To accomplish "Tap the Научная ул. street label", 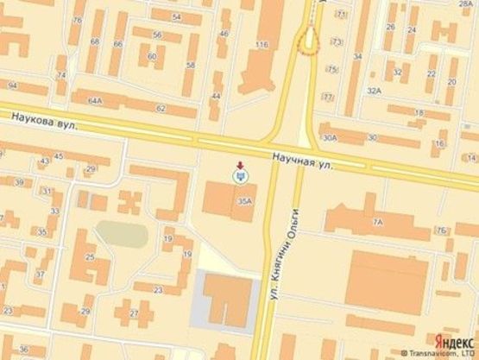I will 302,160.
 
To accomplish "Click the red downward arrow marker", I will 241,164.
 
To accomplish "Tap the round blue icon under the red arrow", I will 241,177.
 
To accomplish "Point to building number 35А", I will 245,201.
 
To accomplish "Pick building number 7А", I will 377,222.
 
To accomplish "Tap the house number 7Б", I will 441,231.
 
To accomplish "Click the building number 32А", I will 374,90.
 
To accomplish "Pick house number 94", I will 13,85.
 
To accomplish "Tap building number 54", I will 176,17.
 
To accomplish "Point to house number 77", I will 327,97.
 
